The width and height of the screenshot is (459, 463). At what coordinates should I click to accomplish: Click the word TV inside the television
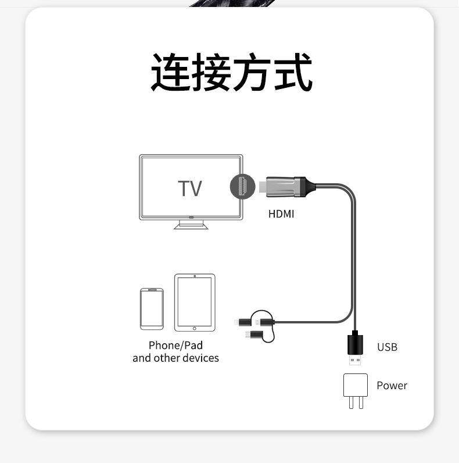(x=190, y=188)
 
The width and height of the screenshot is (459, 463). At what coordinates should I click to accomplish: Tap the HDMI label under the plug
(x=281, y=214)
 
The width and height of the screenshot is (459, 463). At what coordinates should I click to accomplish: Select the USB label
(x=387, y=347)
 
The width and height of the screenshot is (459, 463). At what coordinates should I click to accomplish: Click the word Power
(x=392, y=385)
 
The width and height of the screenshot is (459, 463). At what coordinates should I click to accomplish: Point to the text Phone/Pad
(x=175, y=346)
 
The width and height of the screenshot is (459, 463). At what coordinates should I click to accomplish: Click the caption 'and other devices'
(x=175, y=358)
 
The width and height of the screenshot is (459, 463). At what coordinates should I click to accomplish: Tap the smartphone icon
(x=152, y=309)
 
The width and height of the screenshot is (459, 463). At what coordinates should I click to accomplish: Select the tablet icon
(x=195, y=302)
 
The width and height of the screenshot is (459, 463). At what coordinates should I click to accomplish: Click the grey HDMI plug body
(x=285, y=187)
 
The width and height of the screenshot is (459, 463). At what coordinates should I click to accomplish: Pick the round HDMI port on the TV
(x=242, y=187)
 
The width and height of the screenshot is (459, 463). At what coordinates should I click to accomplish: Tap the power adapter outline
(x=356, y=384)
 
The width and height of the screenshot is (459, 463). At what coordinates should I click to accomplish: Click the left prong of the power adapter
(x=351, y=402)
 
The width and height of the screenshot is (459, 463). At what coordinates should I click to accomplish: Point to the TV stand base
(x=191, y=226)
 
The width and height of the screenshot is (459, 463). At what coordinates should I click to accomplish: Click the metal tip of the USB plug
(x=355, y=360)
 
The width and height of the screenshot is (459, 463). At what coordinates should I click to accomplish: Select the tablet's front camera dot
(x=195, y=276)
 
